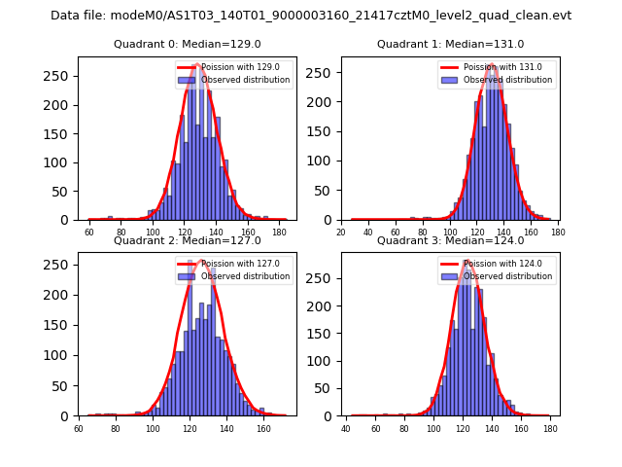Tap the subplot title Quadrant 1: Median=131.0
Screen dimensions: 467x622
[x=450, y=44]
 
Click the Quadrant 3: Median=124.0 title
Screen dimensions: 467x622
[x=450, y=240]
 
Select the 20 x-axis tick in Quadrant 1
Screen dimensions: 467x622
[x=341, y=232]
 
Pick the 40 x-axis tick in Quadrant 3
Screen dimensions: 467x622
[x=347, y=428]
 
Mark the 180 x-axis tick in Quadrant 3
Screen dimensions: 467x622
[x=550, y=428]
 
